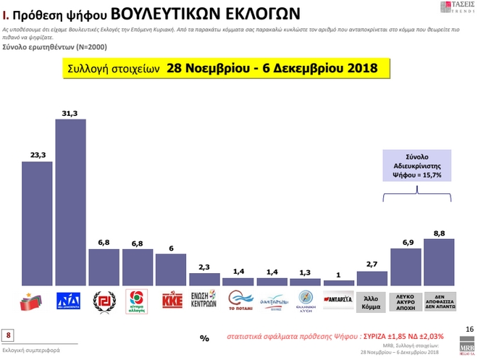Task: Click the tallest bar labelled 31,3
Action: [x=70, y=203]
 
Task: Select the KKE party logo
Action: [x=170, y=301]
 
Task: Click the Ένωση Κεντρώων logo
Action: [x=204, y=301]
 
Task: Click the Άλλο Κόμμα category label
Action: [x=372, y=301]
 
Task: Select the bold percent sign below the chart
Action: [x=204, y=338]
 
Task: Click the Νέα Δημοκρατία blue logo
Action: [x=70, y=301]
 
